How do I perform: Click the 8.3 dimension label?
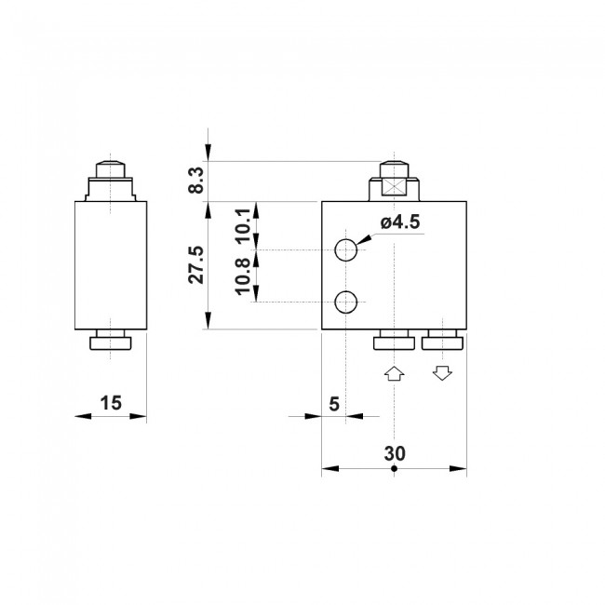[195, 179]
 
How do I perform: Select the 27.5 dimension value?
[194, 265]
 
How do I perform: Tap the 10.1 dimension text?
[242, 224]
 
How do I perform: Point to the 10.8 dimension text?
[242, 277]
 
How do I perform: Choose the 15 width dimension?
[111, 403]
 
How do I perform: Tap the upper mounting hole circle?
[346, 249]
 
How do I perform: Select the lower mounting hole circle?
[346, 302]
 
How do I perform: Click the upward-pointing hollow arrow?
[394, 373]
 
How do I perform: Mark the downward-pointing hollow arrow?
[442, 373]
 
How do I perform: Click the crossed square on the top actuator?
[395, 186]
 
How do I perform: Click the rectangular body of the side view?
[111, 264]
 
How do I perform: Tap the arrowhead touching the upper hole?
[364, 241]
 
